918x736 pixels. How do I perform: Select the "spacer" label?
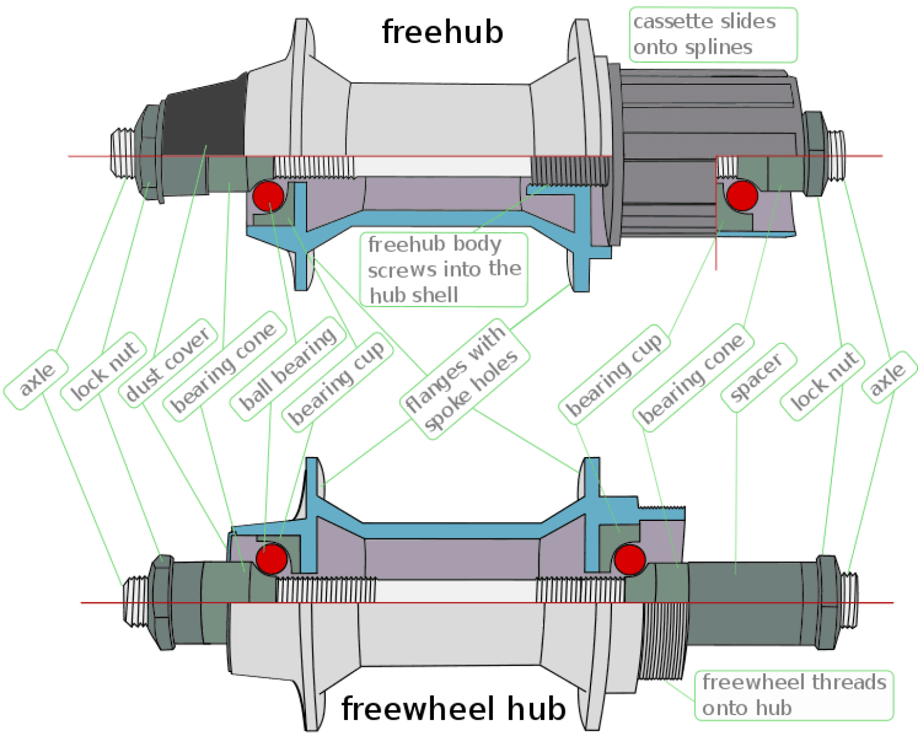click(x=757, y=378)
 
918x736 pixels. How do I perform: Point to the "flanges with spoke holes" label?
click(x=464, y=381)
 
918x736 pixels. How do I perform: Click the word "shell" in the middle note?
click(x=430, y=295)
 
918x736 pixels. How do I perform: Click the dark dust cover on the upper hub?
click(x=206, y=119)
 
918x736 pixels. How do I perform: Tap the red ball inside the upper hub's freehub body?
click(x=742, y=195)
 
